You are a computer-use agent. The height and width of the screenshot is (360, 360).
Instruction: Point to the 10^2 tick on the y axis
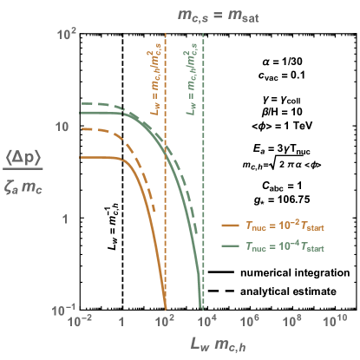click(69, 34)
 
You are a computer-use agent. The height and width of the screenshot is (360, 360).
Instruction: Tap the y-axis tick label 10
click(61, 127)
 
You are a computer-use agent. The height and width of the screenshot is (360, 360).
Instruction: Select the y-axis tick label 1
click(64, 219)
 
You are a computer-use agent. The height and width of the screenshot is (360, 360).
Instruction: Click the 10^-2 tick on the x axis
click(79, 322)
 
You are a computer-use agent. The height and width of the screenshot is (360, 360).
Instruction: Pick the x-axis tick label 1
click(121, 323)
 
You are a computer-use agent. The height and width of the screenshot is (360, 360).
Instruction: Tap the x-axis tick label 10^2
click(164, 322)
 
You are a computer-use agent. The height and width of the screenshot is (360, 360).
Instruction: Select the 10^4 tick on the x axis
click(207, 322)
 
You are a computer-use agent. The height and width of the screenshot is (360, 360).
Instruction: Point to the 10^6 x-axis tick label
click(250, 322)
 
